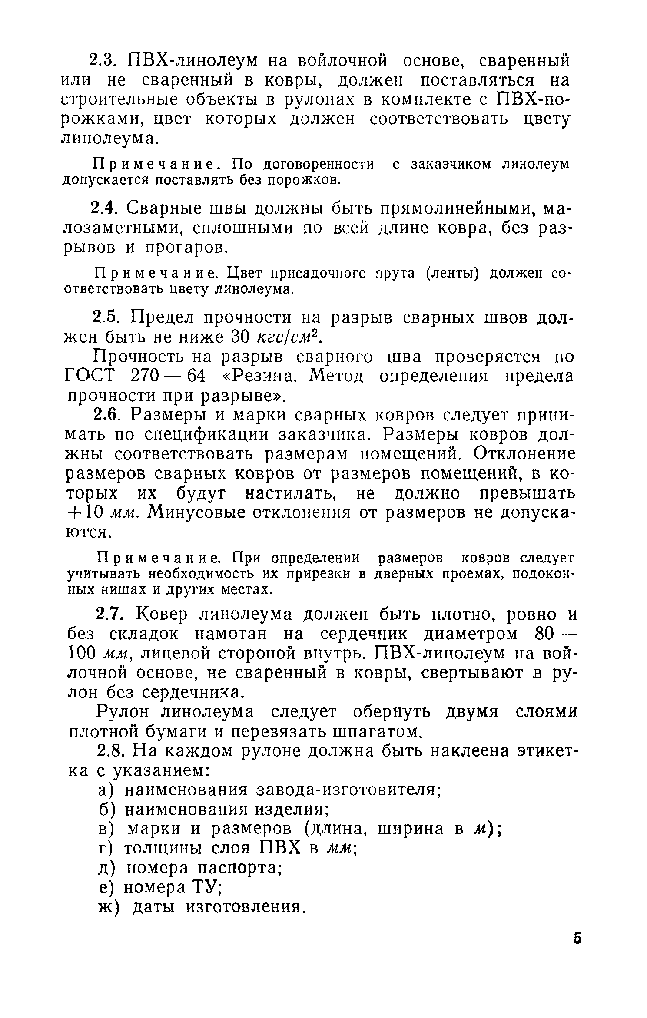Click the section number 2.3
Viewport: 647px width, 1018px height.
click(x=103, y=61)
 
